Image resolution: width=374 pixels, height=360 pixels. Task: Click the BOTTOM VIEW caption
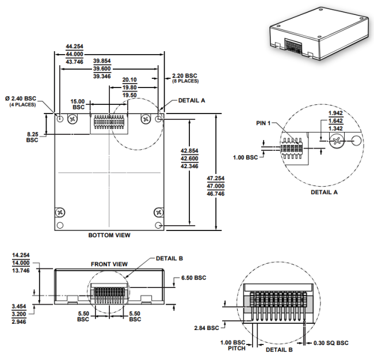tap(109, 235)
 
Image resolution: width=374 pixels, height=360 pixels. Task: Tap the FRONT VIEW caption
tap(109, 264)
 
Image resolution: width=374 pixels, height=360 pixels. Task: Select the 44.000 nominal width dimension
tap(74, 54)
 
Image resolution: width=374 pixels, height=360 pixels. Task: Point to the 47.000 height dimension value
tap(216, 186)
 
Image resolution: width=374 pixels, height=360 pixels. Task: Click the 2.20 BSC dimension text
tap(185, 75)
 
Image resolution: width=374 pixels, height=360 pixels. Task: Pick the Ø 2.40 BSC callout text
tap(21, 98)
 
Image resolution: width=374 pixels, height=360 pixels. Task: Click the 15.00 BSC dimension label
tap(78, 104)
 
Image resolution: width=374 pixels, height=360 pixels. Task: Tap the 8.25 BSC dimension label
tap(32, 137)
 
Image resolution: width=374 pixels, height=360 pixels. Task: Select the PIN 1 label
tap(264, 123)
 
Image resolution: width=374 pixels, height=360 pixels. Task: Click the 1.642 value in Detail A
tap(335, 121)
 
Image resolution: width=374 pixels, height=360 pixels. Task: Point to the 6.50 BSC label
tap(194, 278)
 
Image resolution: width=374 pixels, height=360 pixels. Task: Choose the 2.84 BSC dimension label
tap(207, 328)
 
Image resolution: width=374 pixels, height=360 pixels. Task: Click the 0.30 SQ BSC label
tap(331, 343)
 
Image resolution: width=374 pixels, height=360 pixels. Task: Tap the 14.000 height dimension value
tap(21, 263)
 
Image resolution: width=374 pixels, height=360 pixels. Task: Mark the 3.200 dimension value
tap(19, 314)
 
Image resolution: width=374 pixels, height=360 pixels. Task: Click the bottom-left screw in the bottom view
tap(60, 212)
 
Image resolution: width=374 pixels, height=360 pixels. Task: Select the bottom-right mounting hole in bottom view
tap(158, 225)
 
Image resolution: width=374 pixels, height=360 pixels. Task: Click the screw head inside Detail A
tap(337, 141)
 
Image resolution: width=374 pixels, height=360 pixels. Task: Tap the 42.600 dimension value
tap(190, 158)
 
